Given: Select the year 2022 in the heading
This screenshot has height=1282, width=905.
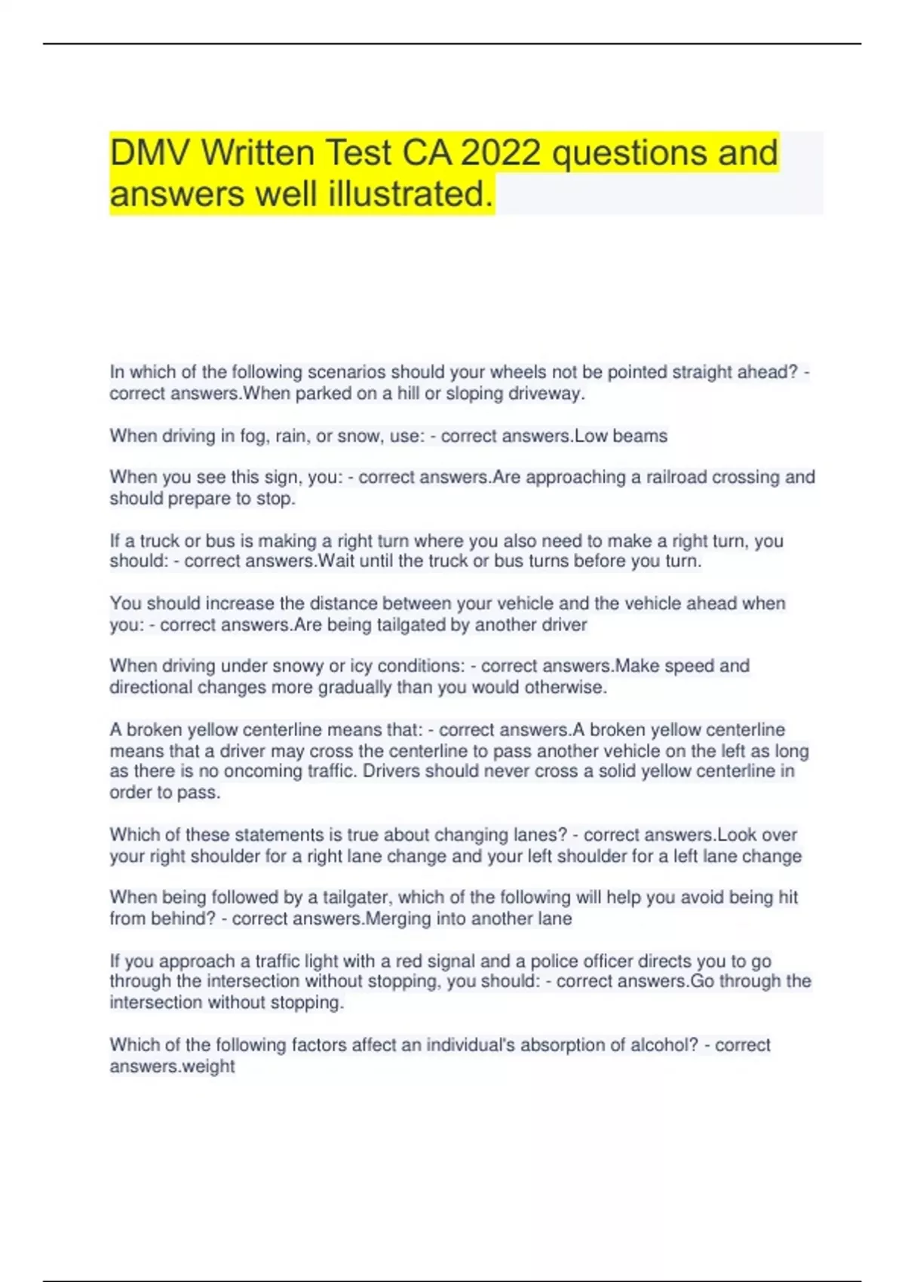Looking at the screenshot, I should (x=500, y=153).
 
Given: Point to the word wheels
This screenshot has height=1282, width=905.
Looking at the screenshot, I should (x=519, y=372).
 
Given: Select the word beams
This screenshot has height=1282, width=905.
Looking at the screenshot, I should (x=641, y=436).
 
